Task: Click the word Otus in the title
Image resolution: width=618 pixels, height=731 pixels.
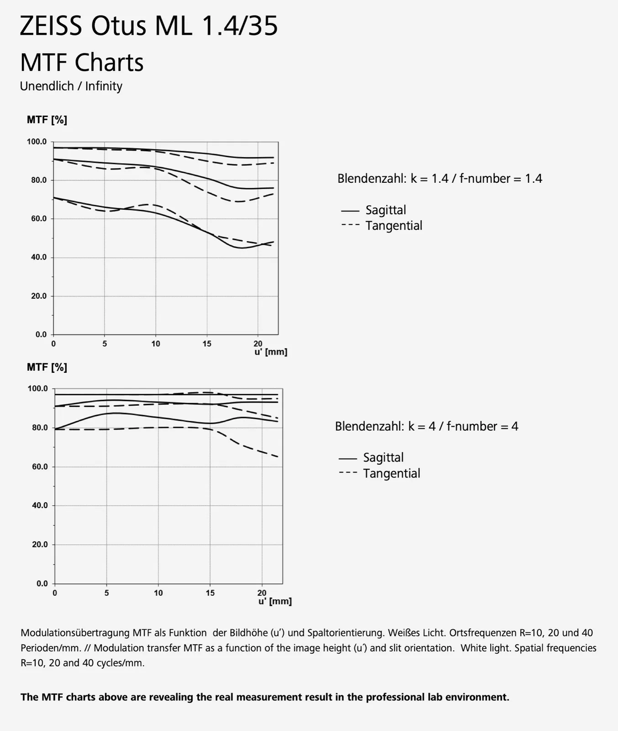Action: coord(118,26)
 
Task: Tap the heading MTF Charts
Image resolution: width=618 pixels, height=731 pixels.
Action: coord(82,63)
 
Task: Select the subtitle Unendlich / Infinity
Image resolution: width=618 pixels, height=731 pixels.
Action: coord(71,86)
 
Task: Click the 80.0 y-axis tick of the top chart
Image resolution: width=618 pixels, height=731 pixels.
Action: coord(39,180)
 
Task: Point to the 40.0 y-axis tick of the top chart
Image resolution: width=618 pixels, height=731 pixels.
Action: coord(39,257)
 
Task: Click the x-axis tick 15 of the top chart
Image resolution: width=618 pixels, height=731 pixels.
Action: coord(207,344)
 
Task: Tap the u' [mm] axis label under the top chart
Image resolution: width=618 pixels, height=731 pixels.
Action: coord(270,352)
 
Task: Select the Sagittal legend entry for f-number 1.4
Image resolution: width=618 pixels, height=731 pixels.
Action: coord(385,210)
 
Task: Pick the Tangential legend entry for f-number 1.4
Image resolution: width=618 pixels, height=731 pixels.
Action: coord(393,226)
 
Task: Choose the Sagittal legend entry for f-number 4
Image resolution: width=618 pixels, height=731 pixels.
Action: coord(383,457)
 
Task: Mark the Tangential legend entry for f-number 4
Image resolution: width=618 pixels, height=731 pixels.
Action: coord(391,473)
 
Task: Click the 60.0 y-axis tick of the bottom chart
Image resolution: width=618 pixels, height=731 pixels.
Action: coord(40,467)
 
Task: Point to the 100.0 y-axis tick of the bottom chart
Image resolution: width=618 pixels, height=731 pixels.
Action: coord(38,389)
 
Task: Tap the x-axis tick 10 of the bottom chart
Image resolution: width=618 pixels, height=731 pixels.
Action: coord(158,593)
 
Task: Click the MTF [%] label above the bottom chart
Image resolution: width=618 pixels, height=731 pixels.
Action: coord(47,367)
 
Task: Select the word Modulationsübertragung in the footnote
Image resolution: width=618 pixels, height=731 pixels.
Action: coord(75,633)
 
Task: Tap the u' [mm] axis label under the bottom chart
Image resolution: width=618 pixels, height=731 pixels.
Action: coord(275,601)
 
